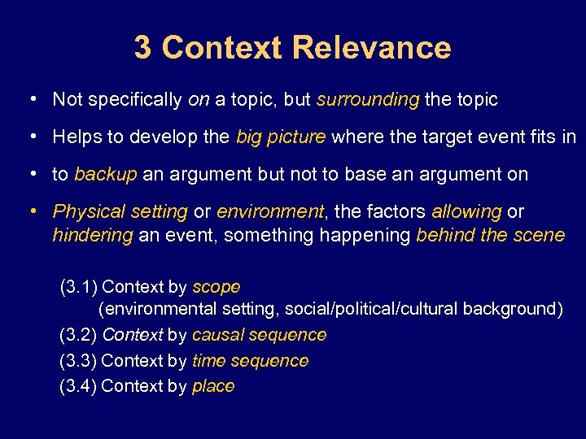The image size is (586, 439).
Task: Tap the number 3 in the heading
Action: click(x=143, y=48)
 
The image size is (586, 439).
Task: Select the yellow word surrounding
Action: click(x=368, y=100)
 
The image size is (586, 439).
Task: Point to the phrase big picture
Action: click(x=281, y=137)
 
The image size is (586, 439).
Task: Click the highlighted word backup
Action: click(x=106, y=174)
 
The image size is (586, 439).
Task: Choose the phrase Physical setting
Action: click(x=120, y=211)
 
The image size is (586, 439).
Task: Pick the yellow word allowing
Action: click(x=466, y=211)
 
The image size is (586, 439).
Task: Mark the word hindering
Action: click(x=92, y=235)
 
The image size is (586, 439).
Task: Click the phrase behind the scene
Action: click(x=490, y=235)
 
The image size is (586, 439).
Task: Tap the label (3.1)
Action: click(x=79, y=286)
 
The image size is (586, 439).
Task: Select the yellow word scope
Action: click(x=216, y=287)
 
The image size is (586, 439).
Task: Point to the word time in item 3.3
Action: click(x=208, y=360)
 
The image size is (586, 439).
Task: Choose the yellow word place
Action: click(x=213, y=386)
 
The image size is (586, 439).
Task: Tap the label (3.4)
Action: click(x=78, y=386)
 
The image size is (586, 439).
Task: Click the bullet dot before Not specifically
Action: click(x=30, y=99)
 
